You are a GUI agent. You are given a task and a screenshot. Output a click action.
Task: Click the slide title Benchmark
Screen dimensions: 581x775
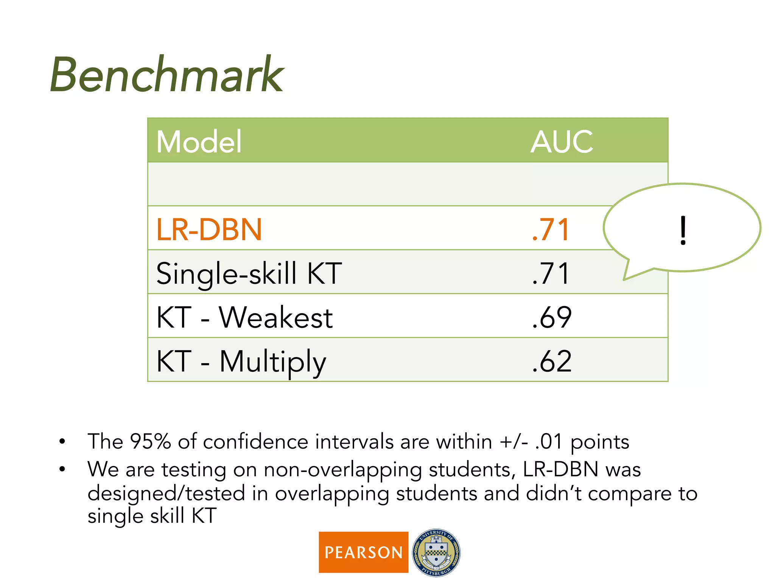[167, 75]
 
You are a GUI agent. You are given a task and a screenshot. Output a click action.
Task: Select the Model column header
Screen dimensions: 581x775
[199, 141]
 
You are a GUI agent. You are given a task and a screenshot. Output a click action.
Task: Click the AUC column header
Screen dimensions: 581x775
[562, 141]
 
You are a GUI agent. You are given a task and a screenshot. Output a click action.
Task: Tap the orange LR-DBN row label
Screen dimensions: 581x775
[209, 229]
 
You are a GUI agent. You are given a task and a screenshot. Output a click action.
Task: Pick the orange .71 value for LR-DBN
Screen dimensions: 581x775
[551, 229]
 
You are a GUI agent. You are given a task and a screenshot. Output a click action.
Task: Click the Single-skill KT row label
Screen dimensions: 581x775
[249, 273]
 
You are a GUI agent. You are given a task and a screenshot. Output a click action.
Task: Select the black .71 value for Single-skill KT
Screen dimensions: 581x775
[551, 273]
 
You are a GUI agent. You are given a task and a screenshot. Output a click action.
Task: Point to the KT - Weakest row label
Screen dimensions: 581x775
[244, 317]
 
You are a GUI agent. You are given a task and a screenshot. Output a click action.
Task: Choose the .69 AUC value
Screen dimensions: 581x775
[552, 317]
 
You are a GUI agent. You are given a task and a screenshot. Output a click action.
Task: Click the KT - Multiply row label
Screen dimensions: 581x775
[241, 362]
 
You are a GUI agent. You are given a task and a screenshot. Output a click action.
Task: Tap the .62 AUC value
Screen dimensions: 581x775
[552, 362]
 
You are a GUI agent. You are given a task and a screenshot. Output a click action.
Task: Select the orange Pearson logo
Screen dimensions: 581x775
[363, 552]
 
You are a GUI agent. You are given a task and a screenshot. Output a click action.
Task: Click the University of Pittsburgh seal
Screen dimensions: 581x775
[436, 552]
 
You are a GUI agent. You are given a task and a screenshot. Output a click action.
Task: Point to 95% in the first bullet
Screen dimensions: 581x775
[150, 441]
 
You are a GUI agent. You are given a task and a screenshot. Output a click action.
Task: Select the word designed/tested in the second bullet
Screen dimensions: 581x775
[166, 494]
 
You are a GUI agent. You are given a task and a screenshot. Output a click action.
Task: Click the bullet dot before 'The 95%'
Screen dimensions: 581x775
[62, 441]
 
